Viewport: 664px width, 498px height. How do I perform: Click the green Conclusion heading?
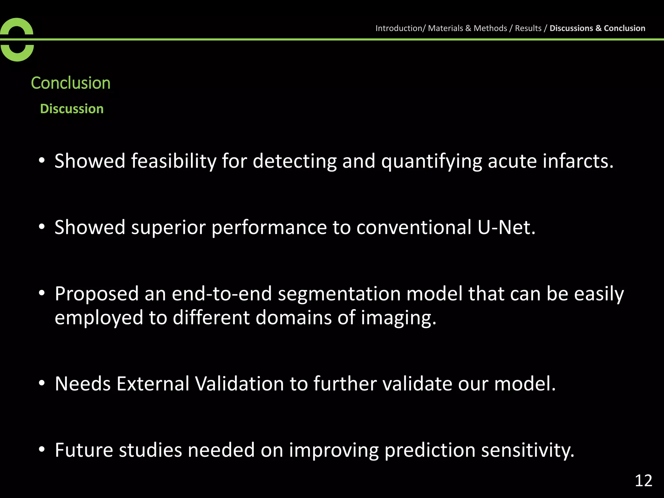71,83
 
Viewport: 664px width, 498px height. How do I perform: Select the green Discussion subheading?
72,109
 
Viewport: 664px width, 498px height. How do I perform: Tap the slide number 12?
643,481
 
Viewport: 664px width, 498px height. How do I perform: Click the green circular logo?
17,40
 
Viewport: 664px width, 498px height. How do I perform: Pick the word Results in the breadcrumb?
528,28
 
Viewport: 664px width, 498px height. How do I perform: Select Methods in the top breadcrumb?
490,28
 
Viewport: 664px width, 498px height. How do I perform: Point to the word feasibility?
173,161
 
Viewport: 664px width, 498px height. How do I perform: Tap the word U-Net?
506,227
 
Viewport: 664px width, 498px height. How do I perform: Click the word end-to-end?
222,294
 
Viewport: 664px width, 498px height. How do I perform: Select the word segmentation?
339,294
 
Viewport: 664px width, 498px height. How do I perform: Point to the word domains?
293,317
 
